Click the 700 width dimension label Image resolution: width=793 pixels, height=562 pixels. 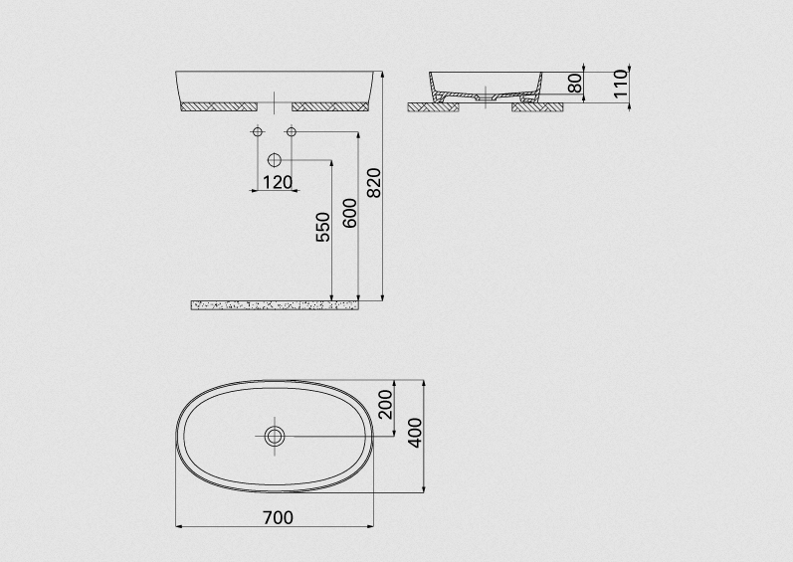point(278,517)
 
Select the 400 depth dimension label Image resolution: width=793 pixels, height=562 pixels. point(415,433)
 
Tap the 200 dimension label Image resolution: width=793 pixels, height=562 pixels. point(386,404)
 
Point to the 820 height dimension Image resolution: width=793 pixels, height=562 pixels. point(374,183)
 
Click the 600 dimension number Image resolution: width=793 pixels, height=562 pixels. point(349,213)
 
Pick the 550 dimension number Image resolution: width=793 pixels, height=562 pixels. point(322,227)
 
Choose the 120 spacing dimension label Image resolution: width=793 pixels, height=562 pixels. point(278,182)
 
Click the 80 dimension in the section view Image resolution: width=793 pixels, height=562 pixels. point(575,84)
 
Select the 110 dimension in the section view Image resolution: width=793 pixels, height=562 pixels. point(620,84)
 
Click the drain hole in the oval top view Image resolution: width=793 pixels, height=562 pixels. point(275,436)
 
